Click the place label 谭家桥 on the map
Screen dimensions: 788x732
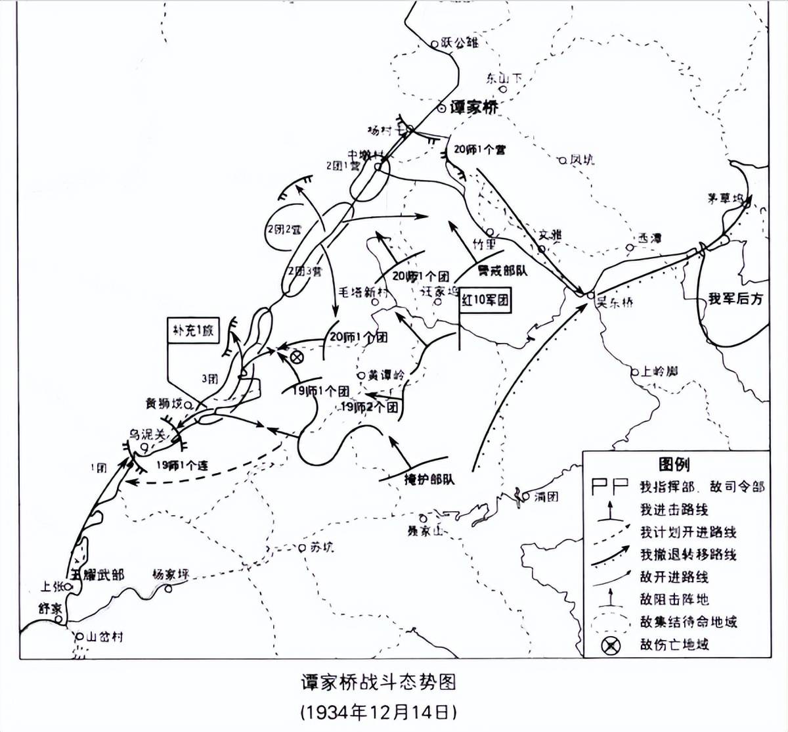click(474, 107)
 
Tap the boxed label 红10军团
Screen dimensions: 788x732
click(485, 300)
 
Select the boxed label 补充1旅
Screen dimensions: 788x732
click(194, 331)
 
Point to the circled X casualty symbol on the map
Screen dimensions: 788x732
click(296, 357)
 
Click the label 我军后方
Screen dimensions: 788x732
click(735, 298)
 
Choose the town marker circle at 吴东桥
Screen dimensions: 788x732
click(590, 295)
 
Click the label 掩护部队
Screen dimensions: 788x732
click(430, 479)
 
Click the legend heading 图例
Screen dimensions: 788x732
click(674, 465)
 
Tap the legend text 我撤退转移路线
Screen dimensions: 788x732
click(688, 554)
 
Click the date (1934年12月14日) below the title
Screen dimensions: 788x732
click(378, 711)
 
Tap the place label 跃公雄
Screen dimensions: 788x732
click(460, 43)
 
